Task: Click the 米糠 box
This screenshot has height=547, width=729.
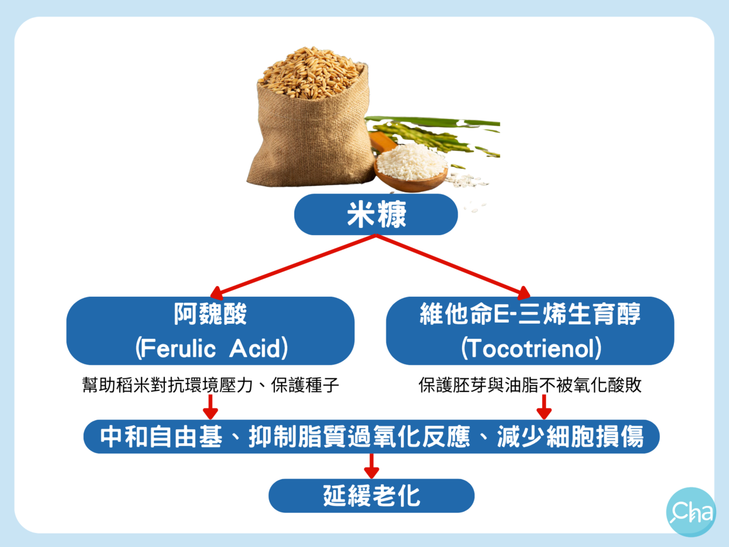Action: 376,214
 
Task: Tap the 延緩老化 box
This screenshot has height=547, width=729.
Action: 371,495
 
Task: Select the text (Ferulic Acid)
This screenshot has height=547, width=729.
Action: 211,348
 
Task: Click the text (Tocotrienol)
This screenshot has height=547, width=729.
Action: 530,348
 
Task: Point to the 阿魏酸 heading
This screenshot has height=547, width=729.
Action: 210,314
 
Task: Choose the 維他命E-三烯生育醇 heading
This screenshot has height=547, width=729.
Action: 530,314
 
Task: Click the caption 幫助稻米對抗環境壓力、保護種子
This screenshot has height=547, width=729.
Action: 210,385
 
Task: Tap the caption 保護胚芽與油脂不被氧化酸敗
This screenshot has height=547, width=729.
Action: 530,385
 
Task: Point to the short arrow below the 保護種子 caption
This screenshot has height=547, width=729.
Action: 210,407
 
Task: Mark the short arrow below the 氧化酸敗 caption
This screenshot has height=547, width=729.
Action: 544,407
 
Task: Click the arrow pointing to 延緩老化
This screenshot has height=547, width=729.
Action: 371,466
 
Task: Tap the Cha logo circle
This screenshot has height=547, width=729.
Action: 691,512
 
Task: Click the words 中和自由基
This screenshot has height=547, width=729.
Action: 161,436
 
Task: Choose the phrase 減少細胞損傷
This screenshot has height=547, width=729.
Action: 570,436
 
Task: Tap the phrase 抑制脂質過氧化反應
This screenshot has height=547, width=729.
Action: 359,436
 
